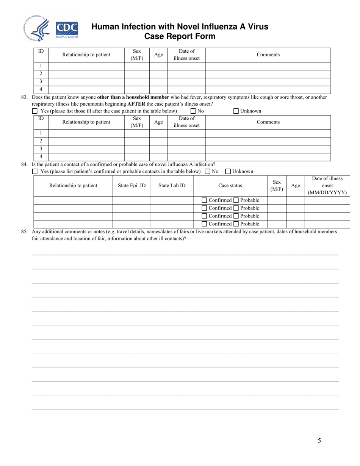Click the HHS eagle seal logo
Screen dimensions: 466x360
pyautogui.click(x=37, y=29)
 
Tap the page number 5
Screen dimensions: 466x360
pyautogui.click(x=319, y=441)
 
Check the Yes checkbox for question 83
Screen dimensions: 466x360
pyautogui.click(x=35, y=111)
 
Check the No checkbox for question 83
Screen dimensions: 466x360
pyautogui.click(x=193, y=111)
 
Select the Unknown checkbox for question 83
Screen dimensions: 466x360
pyautogui.click(x=236, y=111)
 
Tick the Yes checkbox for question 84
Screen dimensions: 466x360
pyautogui.click(x=35, y=172)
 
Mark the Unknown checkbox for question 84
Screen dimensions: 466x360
pyautogui.click(x=228, y=172)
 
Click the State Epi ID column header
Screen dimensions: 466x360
pyautogui.click(x=131, y=186)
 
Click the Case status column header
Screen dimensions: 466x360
pyautogui.click(x=230, y=186)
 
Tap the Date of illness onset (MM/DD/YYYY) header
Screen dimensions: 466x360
pyautogui.click(x=327, y=186)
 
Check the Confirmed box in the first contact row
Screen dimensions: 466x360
pyautogui.click(x=205, y=200)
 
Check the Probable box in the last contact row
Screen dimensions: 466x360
pyautogui.click(x=236, y=224)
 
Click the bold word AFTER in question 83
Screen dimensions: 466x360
pyautogui.click(x=136, y=104)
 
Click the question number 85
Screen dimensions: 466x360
pyautogui.click(x=25, y=231)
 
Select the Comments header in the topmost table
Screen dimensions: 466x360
pyautogui.click(x=268, y=55)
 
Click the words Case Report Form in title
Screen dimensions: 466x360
pyautogui.click(x=180, y=36)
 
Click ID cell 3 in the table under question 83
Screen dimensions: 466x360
pyautogui.click(x=41, y=149)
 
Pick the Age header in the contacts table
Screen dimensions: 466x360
pyautogui.click(x=295, y=186)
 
